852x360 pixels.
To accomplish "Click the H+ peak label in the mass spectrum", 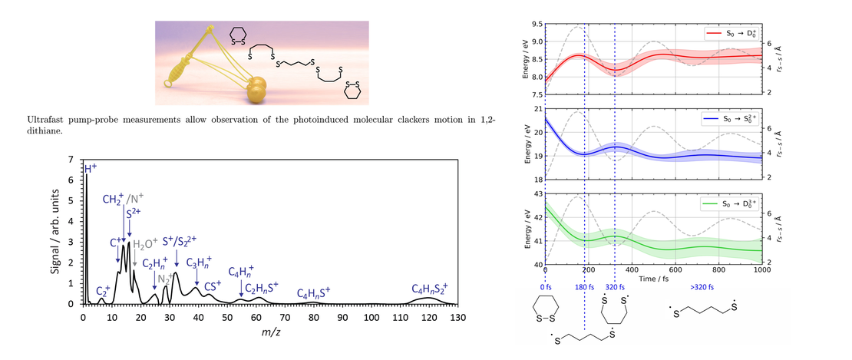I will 91,167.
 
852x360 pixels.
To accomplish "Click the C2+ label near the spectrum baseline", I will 102,291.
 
